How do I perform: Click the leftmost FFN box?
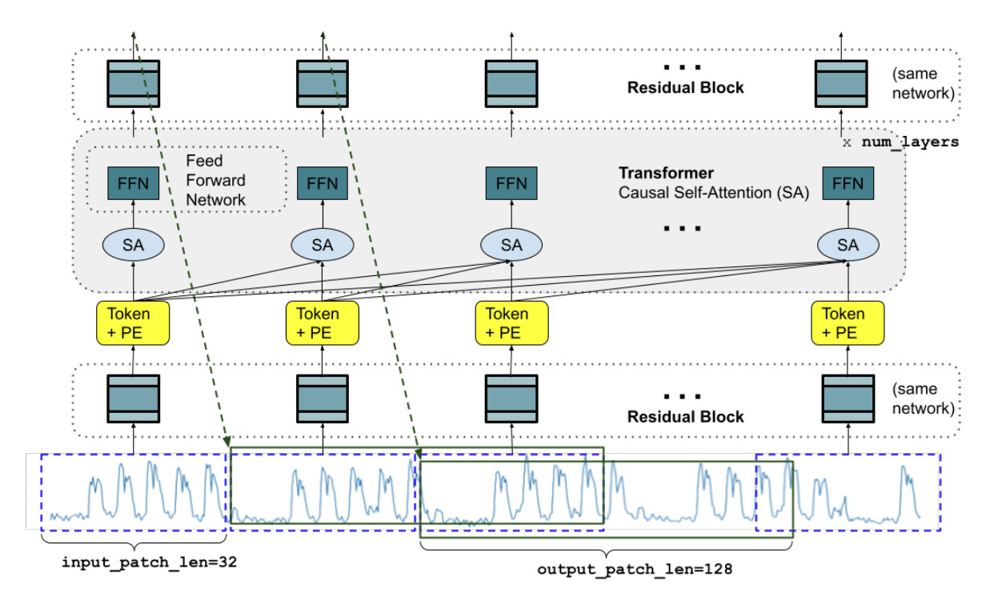coord(134,183)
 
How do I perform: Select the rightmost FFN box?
coord(848,183)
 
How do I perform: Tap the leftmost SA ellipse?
coord(134,245)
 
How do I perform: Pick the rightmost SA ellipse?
coord(848,245)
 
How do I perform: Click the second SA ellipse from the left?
coord(322,245)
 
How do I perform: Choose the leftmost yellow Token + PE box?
coord(133,323)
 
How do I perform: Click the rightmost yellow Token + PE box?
coord(848,323)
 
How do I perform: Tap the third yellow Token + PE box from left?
coord(511,323)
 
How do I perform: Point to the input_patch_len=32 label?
coord(150,562)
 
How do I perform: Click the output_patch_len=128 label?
coord(635,569)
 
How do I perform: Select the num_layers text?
coord(910,142)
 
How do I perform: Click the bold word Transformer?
coord(666,173)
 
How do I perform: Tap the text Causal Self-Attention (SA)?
coord(714,193)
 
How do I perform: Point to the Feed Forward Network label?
coord(215,180)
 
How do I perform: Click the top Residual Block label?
coord(685,87)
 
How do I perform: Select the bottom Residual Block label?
coord(685,416)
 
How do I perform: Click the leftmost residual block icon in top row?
coord(134,83)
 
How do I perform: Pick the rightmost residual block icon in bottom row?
coord(848,399)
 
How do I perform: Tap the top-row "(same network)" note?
coord(924,83)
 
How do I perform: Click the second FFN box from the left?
coord(322,183)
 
